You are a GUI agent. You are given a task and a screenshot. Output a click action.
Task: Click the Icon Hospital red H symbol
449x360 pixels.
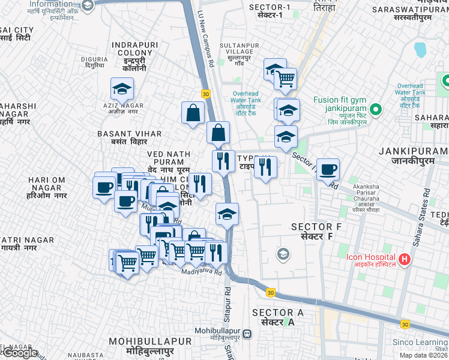click(x=405, y=260)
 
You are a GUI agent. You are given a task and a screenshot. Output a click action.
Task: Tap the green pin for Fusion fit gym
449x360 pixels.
click(x=376, y=109)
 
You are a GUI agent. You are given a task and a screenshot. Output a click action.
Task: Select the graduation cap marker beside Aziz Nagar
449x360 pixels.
click(x=122, y=89)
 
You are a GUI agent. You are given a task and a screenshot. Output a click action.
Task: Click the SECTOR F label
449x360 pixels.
click(x=312, y=232)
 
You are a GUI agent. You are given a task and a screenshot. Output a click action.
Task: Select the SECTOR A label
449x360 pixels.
click(x=278, y=317)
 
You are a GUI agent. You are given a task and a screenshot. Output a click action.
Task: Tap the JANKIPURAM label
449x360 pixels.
click(x=414, y=155)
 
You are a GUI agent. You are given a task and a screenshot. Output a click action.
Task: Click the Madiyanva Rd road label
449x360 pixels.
click(x=202, y=272)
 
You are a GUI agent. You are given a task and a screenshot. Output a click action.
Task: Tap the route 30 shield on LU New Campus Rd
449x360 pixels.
click(x=206, y=94)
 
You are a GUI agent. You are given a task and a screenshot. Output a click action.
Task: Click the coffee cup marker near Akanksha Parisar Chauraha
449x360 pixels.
click(x=328, y=170)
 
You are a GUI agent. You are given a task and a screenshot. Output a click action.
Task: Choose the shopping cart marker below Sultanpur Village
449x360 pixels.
click(x=285, y=78)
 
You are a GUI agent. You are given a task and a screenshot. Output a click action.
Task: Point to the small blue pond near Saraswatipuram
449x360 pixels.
click(x=420, y=49)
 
